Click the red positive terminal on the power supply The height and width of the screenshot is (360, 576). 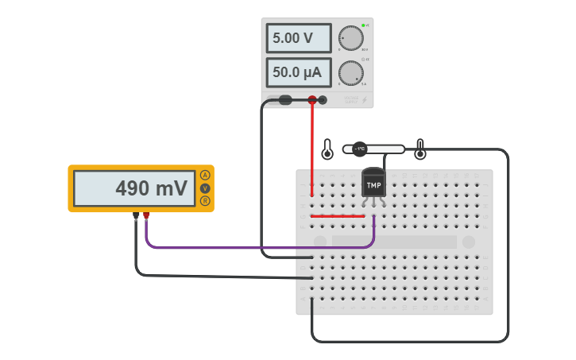point(312,100)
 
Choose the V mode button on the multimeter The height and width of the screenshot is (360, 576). point(205,188)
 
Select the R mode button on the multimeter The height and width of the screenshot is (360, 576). point(205,201)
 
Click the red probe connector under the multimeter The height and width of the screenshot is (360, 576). point(146,215)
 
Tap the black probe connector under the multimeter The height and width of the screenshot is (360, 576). point(136,215)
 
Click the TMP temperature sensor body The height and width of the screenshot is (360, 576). point(373,185)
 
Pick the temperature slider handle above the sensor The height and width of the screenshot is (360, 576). point(359,149)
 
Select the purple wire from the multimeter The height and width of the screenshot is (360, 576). point(254,248)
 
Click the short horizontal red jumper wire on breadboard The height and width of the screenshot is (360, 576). point(338,215)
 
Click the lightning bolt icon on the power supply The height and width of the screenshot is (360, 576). point(365,100)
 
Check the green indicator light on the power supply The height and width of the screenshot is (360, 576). point(363,25)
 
